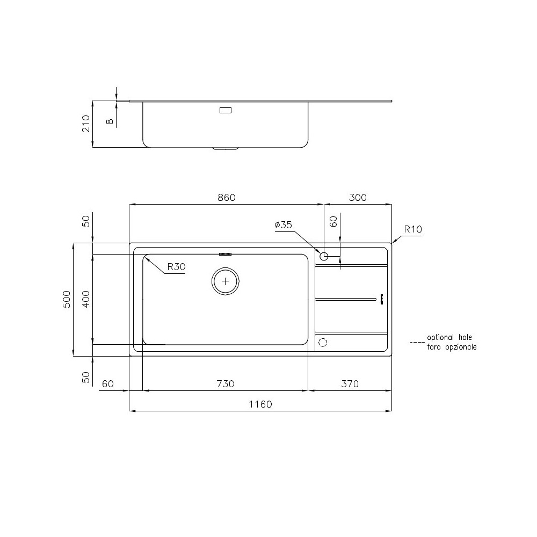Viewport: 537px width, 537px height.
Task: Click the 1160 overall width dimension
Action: pos(260,404)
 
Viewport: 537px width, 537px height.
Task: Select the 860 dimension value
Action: pos(226,198)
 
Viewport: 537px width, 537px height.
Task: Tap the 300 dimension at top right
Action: pos(358,198)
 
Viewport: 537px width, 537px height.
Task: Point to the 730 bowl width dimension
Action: pos(226,384)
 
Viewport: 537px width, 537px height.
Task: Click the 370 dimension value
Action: pos(349,384)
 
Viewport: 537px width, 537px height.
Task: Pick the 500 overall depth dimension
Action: pos(67,299)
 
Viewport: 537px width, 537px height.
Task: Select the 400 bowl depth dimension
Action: pos(86,299)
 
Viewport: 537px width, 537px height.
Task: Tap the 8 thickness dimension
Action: pos(110,122)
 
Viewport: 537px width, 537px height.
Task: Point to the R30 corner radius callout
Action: pos(176,267)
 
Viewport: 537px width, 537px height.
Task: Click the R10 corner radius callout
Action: pos(413,229)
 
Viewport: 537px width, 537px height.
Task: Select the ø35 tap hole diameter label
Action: pos(283,226)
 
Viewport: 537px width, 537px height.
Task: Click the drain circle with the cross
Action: pos(226,280)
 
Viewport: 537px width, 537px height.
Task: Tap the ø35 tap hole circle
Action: pos(324,257)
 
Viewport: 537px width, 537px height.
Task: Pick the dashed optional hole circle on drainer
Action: pos(323,342)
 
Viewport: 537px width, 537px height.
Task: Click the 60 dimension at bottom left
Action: pos(107,384)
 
